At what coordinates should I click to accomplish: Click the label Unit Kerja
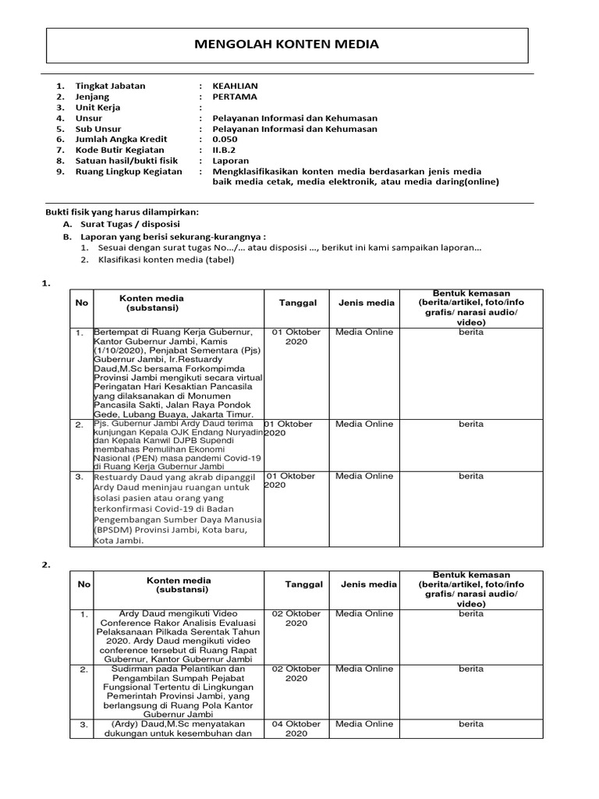click(97, 108)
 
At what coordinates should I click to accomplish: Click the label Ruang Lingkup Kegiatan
click(128, 172)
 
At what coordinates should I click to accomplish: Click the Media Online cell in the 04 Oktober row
click(364, 724)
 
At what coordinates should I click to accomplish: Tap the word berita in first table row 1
click(470, 332)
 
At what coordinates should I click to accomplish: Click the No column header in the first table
click(81, 303)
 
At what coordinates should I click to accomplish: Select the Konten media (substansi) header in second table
click(179, 585)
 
